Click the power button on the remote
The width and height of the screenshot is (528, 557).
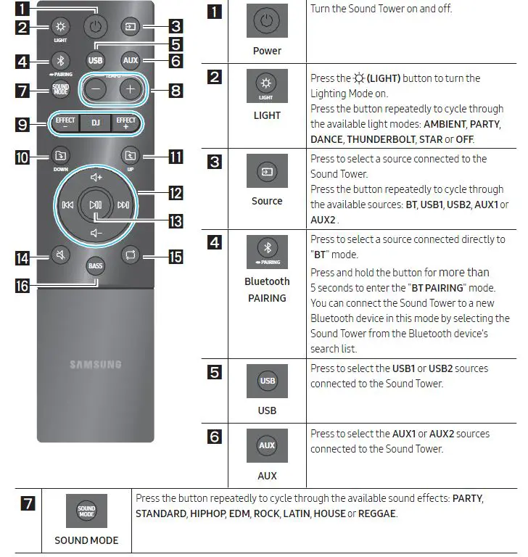click(96, 27)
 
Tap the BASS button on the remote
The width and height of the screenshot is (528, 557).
click(96, 266)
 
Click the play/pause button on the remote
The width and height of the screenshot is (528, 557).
click(96, 205)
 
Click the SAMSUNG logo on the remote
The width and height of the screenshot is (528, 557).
click(96, 364)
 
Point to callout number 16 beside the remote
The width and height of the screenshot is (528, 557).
click(24, 286)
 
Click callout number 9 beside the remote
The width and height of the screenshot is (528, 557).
click(24, 124)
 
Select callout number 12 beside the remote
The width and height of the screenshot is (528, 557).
click(175, 193)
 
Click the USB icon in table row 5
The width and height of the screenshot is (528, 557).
click(267, 381)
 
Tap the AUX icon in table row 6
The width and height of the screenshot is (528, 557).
click(267, 445)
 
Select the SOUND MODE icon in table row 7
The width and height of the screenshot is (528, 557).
click(86, 511)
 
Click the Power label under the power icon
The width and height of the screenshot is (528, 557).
click(267, 51)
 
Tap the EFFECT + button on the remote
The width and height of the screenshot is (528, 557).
click(126, 122)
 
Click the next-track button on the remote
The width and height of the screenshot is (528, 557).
click(123, 205)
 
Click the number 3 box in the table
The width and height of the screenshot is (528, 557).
click(215, 162)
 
